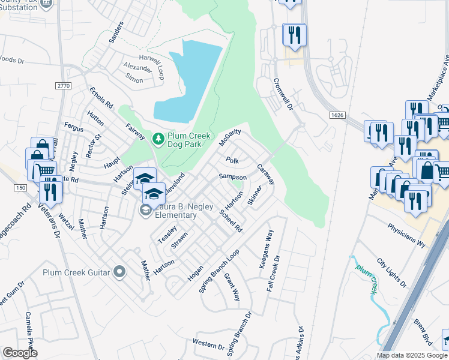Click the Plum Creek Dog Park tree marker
pyautogui.click(x=158, y=139)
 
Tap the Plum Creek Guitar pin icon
pyautogui.click(x=119, y=272)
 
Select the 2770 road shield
pyautogui.click(x=63, y=86)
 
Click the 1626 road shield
pyautogui.click(x=337, y=115)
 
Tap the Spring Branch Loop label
pyautogui.click(x=219, y=271)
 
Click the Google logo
pyautogui.click(x=20, y=353)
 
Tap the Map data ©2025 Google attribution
pyautogui.click(x=412, y=355)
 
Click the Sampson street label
pyautogui.click(x=232, y=177)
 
